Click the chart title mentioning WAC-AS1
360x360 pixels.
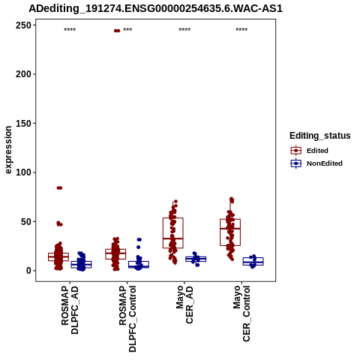click(155, 9)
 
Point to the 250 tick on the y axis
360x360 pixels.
click(23, 25)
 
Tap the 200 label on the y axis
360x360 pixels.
click(23, 74)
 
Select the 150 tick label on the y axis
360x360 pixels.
click(23, 123)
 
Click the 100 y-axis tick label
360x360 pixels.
click(23, 172)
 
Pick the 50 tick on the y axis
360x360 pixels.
click(26, 221)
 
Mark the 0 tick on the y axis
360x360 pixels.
click(29, 271)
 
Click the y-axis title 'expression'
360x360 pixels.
click(8, 150)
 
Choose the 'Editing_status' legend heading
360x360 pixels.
click(320, 136)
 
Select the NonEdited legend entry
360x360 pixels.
click(316, 163)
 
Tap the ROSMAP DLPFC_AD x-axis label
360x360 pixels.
click(70, 310)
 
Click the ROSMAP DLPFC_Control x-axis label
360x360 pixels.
click(127, 319)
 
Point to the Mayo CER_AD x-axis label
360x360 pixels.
click(184, 304)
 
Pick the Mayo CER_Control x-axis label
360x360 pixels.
click(241, 313)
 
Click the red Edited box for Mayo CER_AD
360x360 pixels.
click(173, 233)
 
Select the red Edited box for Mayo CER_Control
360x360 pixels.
click(230, 232)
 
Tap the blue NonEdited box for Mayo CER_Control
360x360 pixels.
click(253, 261)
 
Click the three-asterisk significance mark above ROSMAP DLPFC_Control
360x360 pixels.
click(127, 30)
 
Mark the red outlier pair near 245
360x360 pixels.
click(117, 31)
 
